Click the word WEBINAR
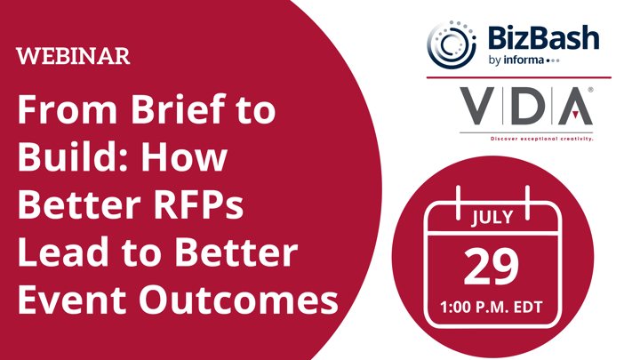pyautogui.click(x=73, y=56)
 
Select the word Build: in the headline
pyautogui.click(x=75, y=157)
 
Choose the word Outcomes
pyautogui.click(x=238, y=300)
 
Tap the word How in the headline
pyautogui.click(x=184, y=157)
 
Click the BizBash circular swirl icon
pyautogui.click(x=452, y=44)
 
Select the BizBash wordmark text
pyautogui.click(x=543, y=37)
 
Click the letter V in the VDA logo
pyautogui.click(x=477, y=106)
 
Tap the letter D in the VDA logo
pyautogui.click(x=529, y=106)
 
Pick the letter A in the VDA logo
pyautogui.click(x=575, y=106)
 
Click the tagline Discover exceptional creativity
pyautogui.click(x=541, y=139)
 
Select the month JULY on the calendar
pyautogui.click(x=492, y=217)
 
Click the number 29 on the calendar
pyautogui.click(x=491, y=267)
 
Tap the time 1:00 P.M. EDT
pyautogui.click(x=492, y=307)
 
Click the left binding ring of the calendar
pyautogui.click(x=458, y=203)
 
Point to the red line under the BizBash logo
pyautogui.click(x=519, y=77)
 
